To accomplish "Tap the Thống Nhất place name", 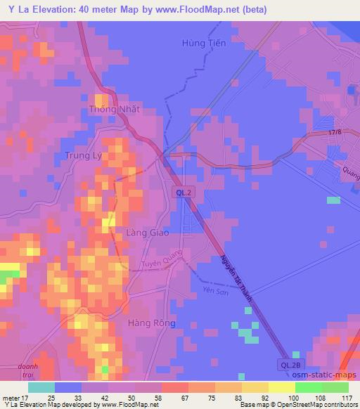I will (x=115, y=110).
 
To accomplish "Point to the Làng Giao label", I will (x=147, y=233).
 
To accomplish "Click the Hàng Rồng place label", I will (x=151, y=323).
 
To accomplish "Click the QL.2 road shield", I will (x=184, y=192).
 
